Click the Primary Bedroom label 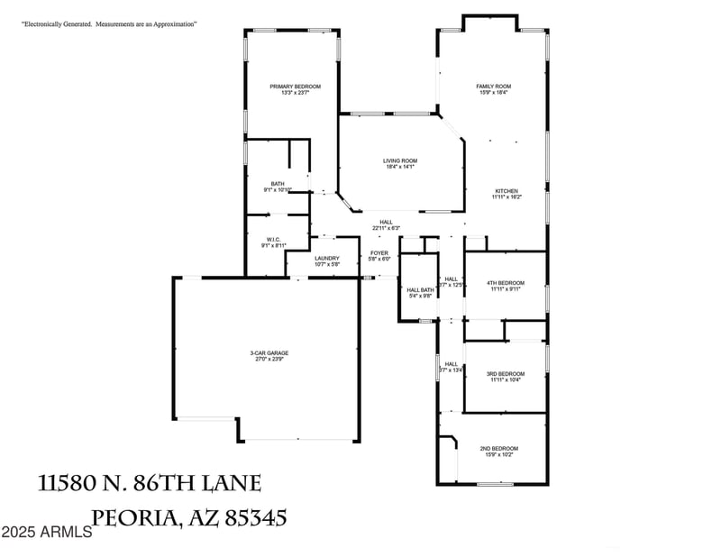tap(295, 87)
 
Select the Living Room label tap(400, 160)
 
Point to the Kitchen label tap(507, 191)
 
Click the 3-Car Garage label tap(269, 352)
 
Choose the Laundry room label tap(327, 258)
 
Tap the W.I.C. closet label tap(274, 240)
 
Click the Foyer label tap(379, 252)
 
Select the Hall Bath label tap(421, 289)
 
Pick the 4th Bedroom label tap(507, 283)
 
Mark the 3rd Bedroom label tap(506, 374)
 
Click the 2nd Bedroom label tap(498, 448)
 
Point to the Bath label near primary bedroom tap(278, 184)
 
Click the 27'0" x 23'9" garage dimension tap(269, 360)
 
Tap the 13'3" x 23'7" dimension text tap(295, 93)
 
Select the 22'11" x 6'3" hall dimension tap(386, 228)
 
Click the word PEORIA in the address tap(134, 518)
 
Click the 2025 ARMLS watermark tap(46, 533)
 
